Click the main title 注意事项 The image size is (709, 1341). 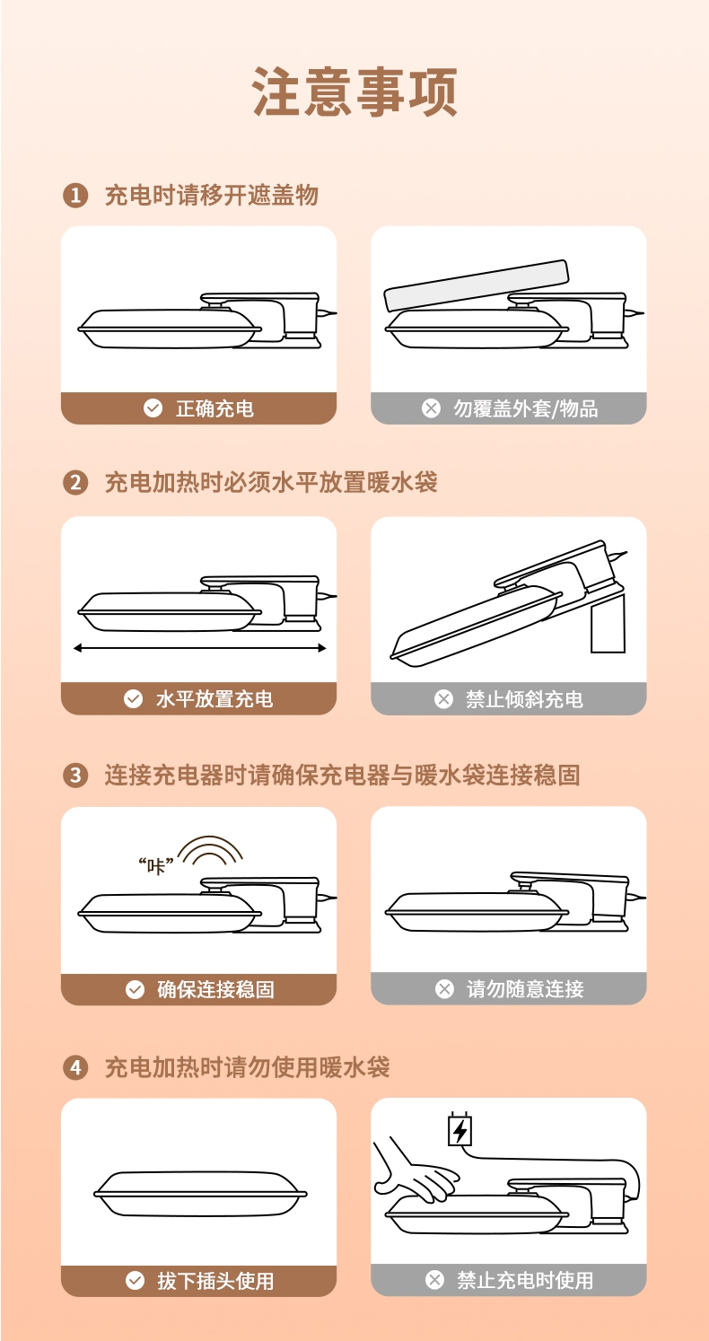pyautogui.click(x=354, y=92)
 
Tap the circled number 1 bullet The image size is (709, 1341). pyautogui.click(x=75, y=196)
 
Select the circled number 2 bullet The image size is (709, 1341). pyautogui.click(x=75, y=483)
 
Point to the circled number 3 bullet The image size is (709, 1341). pyautogui.click(x=75, y=776)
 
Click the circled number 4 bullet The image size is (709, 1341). pyautogui.click(x=75, y=1068)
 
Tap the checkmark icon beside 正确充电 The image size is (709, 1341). pyautogui.click(x=153, y=408)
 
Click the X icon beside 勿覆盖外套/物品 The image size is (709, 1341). pyautogui.click(x=431, y=408)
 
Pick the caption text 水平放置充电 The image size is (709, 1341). pyautogui.click(x=214, y=698)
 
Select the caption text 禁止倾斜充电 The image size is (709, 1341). pyautogui.click(x=524, y=698)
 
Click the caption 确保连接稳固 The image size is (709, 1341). pyautogui.click(x=215, y=989)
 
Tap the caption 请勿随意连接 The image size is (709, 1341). pyautogui.click(x=525, y=989)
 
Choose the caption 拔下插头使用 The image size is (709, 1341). pyautogui.click(x=215, y=1281)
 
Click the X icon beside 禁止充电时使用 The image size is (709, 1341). pyautogui.click(x=434, y=1280)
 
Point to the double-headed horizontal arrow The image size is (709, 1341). pyautogui.click(x=199, y=648)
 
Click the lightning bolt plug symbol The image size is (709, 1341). pyautogui.click(x=460, y=1129)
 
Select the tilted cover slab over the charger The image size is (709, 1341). pyautogui.click(x=476, y=285)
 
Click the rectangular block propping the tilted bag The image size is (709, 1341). pyautogui.click(x=608, y=623)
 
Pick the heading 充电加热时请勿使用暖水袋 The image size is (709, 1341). pyautogui.click(x=248, y=1067)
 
